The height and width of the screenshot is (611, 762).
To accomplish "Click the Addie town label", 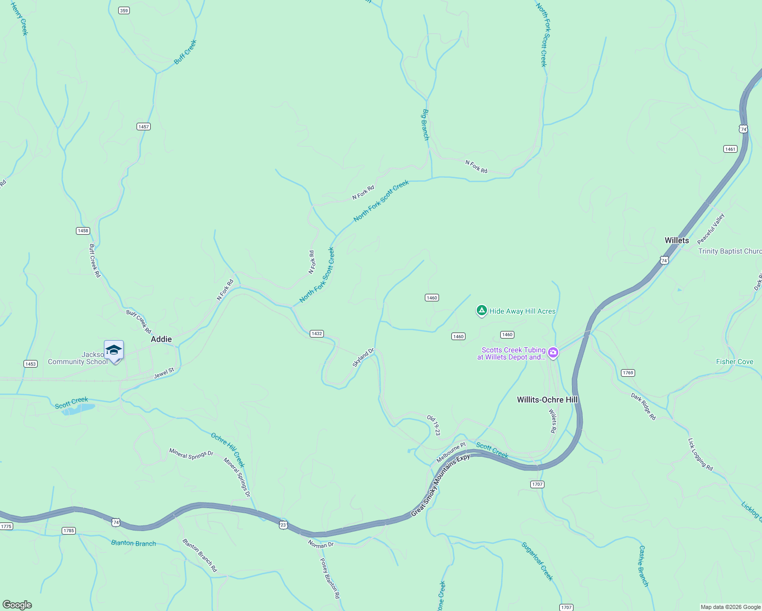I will (x=161, y=339).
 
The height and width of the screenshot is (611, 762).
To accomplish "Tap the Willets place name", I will (x=676, y=240).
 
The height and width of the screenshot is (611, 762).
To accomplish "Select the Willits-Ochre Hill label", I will (x=547, y=400).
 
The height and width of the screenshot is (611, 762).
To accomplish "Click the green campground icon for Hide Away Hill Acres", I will (x=481, y=310).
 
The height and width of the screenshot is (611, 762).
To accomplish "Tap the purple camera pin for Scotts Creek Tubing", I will (x=553, y=352).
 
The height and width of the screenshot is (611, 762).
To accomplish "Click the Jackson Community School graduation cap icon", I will (x=114, y=350).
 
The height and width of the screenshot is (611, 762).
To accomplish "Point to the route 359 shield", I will (x=124, y=10).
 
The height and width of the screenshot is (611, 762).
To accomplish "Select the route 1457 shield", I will (x=144, y=126).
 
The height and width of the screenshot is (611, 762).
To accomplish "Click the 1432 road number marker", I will (x=317, y=334).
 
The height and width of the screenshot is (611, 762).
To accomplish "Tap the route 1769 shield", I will (x=628, y=373).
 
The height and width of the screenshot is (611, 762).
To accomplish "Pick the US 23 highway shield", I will (x=283, y=524).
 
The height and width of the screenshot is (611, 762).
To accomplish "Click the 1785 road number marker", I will (x=69, y=531).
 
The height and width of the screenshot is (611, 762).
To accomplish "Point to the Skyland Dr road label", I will (x=363, y=357).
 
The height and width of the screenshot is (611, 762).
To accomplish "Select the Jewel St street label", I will (x=164, y=373).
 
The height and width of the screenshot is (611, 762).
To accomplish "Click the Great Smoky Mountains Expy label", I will (x=440, y=486).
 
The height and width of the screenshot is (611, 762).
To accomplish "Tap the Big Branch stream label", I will (x=425, y=125).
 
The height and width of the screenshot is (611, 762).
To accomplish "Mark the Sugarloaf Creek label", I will (x=537, y=561).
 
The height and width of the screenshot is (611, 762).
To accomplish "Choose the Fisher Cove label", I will (x=734, y=362).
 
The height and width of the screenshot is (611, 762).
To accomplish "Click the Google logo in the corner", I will (x=17, y=605).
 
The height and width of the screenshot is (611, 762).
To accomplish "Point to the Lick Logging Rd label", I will (x=700, y=454).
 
